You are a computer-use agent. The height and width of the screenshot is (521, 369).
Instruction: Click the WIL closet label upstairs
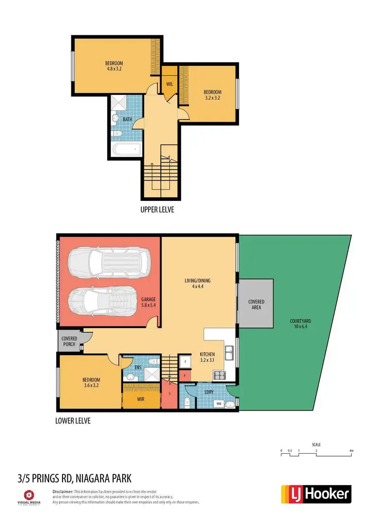tap(169, 84)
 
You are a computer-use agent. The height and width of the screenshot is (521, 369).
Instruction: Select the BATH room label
tap(127, 119)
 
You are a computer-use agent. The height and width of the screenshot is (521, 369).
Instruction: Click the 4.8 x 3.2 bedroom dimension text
tap(114, 69)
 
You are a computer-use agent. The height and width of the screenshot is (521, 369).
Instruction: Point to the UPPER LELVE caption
tap(157, 210)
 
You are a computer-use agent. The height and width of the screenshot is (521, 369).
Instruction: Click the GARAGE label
tap(148, 299)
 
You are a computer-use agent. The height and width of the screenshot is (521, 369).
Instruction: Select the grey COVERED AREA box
tap(256, 304)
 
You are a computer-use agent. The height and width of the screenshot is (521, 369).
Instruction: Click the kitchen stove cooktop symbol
tap(218, 375)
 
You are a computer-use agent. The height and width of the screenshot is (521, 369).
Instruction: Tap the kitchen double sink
tap(229, 352)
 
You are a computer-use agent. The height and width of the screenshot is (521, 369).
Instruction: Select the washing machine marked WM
tap(218, 404)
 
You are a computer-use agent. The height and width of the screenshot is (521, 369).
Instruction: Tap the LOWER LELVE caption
tap(74, 421)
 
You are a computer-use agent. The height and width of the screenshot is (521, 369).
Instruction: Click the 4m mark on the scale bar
tap(351, 450)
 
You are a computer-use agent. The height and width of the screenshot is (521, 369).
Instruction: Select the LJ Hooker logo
tap(316, 494)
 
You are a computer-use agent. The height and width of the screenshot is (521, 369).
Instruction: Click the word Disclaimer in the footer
tap(63, 491)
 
